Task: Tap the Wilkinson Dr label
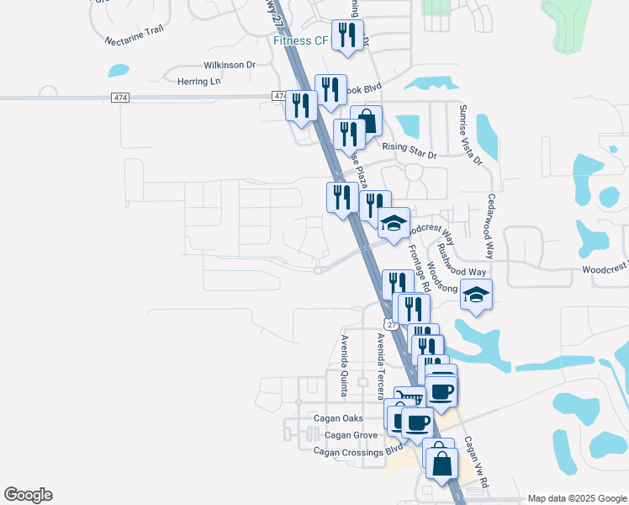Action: (229, 65)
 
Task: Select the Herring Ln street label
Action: (198, 81)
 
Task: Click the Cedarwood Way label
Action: (489, 226)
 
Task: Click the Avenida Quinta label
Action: (344, 364)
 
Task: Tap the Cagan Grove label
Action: (351, 434)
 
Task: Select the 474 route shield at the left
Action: (119, 98)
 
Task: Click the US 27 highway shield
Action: (390, 324)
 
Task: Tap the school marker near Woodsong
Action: (477, 295)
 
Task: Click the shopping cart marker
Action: (409, 398)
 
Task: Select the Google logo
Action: (28, 495)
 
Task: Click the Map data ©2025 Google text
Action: (577, 498)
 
